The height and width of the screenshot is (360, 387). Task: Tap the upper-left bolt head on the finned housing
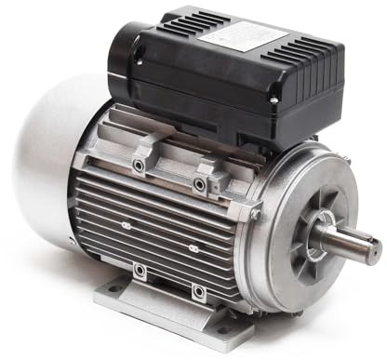point(139,165)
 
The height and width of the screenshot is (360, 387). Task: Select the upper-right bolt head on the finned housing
point(199,184)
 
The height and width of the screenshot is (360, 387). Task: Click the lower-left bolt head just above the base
point(139,271)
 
